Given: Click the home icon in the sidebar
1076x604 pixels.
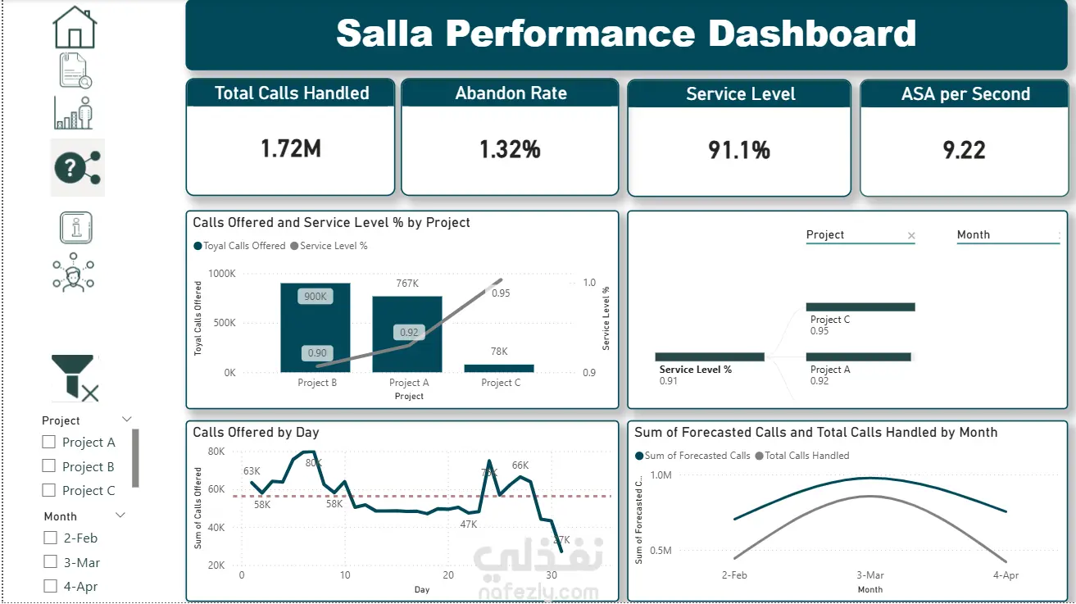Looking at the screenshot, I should point(75,28).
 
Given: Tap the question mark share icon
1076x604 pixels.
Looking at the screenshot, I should point(77,167).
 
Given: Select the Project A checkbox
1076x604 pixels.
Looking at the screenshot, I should point(50,442).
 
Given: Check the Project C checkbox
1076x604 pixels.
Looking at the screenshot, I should point(50,490).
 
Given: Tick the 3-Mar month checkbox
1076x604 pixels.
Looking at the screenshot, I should point(50,562).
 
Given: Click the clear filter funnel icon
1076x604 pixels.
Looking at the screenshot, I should point(75,378).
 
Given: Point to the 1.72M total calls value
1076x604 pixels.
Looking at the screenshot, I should point(291,148).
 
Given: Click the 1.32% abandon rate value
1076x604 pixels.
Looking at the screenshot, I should point(510,149).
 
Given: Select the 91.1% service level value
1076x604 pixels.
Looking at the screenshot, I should point(739,150).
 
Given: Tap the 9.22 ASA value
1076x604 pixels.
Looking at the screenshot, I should point(965,150).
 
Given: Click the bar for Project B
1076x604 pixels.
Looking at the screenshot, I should point(316,328).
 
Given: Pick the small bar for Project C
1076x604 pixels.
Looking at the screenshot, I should point(499,369).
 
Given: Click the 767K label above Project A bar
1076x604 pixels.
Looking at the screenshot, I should point(407,284).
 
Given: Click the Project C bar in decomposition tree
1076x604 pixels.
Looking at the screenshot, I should point(860,307).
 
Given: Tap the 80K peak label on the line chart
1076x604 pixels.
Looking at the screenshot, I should point(314,463).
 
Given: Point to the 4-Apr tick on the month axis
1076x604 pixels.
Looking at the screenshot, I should point(1006,575).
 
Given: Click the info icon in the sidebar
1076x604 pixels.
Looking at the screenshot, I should point(76,228).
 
